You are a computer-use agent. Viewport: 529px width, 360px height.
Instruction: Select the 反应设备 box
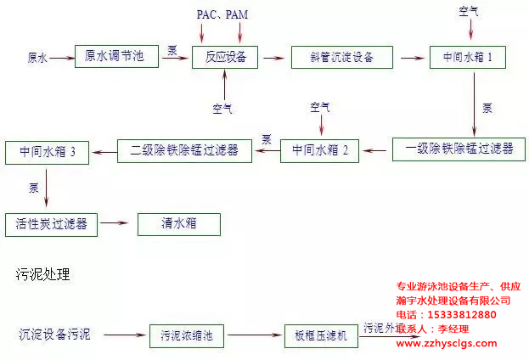point(225,57)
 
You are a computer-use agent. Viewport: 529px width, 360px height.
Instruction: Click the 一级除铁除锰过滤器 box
point(459,148)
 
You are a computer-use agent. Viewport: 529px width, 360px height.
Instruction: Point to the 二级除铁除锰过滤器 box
point(184,150)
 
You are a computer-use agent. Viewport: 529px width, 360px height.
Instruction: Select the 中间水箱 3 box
point(47,151)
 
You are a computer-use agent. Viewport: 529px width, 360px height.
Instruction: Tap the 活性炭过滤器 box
point(51,224)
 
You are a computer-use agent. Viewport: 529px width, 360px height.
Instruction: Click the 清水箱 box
point(178,224)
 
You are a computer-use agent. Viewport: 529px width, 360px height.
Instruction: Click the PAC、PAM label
point(222,14)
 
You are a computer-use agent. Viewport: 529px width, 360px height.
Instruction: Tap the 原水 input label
point(37,58)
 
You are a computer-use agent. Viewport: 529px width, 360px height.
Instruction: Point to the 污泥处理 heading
point(42,274)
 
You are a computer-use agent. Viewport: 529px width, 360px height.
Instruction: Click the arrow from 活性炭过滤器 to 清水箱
point(117,224)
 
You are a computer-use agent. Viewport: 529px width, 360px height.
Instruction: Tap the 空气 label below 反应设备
point(223,108)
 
